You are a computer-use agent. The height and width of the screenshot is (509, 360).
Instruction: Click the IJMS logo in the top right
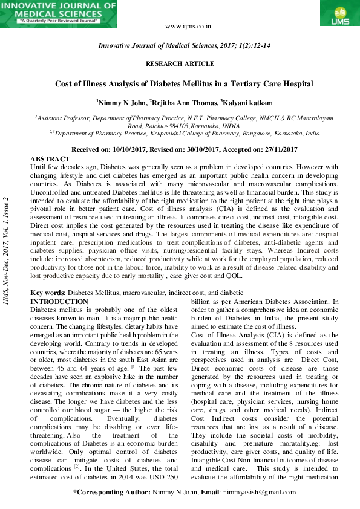[336, 13]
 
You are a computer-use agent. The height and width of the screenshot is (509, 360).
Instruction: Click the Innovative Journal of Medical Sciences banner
[58, 13]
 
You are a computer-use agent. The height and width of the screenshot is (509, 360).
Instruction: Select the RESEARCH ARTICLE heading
[180, 63]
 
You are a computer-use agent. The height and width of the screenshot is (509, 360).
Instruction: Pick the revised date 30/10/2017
[201, 149]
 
